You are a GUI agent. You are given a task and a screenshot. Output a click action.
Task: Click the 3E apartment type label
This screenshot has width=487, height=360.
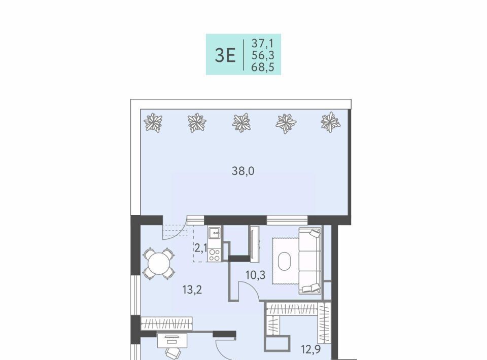click(x=225, y=56)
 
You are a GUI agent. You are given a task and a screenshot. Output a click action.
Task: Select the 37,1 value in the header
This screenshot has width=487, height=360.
click(x=262, y=43)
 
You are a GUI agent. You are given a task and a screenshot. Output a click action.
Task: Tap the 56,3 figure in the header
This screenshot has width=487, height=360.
click(x=262, y=55)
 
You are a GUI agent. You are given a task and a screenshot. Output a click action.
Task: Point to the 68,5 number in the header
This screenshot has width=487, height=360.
click(x=262, y=67)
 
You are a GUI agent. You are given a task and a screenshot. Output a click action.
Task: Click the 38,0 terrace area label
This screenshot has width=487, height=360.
click(x=243, y=171)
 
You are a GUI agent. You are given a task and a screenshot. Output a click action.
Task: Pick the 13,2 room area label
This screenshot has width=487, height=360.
click(x=192, y=290)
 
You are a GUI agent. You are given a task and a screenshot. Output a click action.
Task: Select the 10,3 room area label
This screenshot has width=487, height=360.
click(x=255, y=275)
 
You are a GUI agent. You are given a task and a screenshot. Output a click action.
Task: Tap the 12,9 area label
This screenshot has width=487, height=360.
click(x=311, y=349)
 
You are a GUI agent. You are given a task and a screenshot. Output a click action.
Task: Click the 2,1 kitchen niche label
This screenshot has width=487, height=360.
click(x=201, y=248)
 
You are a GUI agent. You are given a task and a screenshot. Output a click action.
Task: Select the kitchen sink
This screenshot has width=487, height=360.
click(x=214, y=233)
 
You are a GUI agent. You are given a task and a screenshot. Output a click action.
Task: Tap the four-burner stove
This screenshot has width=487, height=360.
click(x=214, y=255)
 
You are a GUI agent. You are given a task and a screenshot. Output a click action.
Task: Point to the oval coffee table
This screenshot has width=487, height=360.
click(x=285, y=261)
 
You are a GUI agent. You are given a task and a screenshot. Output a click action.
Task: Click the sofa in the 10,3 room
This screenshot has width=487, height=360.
click(x=310, y=261)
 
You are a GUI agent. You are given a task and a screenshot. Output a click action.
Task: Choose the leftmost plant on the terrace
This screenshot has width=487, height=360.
click(x=153, y=122)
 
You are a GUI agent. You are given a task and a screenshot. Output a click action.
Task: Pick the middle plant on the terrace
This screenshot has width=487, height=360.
click(x=241, y=122)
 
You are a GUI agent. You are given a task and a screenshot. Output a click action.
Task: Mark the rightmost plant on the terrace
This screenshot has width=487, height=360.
click(x=330, y=122)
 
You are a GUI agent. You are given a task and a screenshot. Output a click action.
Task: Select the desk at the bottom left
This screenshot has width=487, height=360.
click(x=172, y=341)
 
